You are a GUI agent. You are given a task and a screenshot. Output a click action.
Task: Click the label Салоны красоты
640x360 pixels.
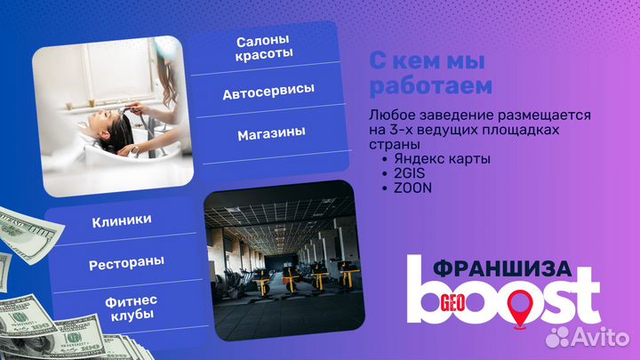(x=264, y=48)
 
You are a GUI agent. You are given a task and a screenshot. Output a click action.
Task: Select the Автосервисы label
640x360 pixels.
(x=268, y=92)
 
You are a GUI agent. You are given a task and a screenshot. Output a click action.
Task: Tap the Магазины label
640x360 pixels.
(x=271, y=133)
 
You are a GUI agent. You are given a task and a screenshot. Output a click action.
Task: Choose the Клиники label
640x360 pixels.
(x=121, y=220)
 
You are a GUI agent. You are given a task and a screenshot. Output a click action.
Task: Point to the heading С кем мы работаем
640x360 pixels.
(x=430, y=75)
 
